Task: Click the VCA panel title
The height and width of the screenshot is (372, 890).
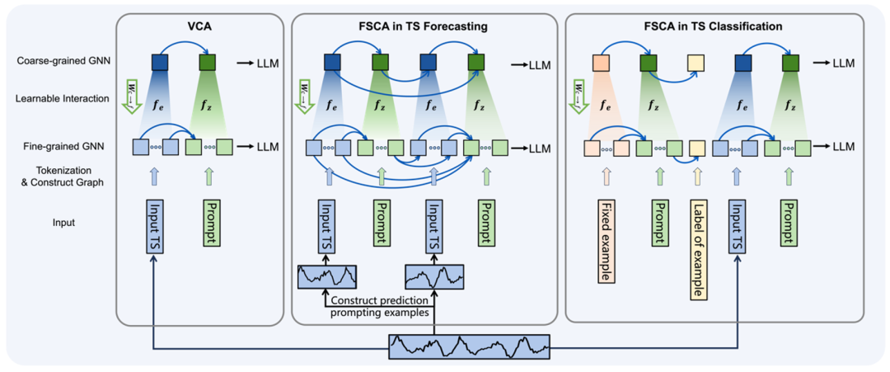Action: (x=199, y=26)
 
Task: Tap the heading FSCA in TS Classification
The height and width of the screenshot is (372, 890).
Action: (x=714, y=26)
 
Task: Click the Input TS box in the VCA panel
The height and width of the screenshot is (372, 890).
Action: (x=153, y=223)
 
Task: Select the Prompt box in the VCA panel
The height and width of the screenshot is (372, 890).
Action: (x=208, y=222)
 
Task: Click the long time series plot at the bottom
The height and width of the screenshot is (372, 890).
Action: (x=469, y=346)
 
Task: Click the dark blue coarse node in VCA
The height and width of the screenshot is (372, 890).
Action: (x=160, y=62)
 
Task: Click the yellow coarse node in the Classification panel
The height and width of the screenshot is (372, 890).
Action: (x=696, y=62)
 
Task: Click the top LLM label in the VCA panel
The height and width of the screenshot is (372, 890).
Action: (x=266, y=63)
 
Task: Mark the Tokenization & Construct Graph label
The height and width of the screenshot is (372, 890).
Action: (x=61, y=176)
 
